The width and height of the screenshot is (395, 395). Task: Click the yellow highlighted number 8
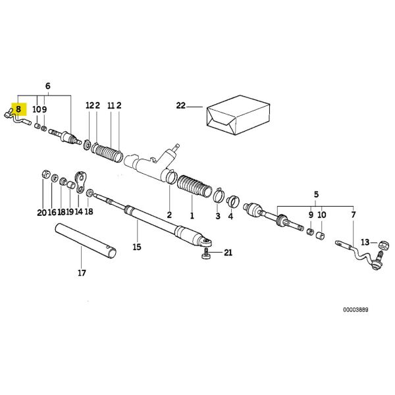pyautogui.click(x=19, y=108)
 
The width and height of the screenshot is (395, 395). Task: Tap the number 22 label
pyautogui.click(x=182, y=105)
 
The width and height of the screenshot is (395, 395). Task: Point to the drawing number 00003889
pyautogui.click(x=355, y=309)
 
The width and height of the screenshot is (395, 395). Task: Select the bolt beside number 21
pyautogui.click(x=206, y=254)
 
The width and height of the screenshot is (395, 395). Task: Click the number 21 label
pyautogui.click(x=228, y=253)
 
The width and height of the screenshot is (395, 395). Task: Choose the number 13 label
pyautogui.click(x=365, y=242)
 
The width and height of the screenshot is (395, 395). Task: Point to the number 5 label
pyautogui.click(x=315, y=195)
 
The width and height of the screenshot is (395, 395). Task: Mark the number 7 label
pyautogui.click(x=354, y=215)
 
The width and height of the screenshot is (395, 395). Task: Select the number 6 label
pyautogui.click(x=47, y=86)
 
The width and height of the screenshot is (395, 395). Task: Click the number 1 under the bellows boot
pyautogui.click(x=192, y=215)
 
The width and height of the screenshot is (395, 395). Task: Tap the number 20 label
pyautogui.click(x=42, y=212)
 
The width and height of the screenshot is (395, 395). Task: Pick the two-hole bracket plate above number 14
pyautogui.click(x=81, y=182)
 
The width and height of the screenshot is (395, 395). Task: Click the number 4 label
pyautogui.click(x=230, y=215)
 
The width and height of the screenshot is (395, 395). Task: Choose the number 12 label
pyautogui.click(x=89, y=105)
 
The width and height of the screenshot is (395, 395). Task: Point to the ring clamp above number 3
pyautogui.click(x=217, y=194)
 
